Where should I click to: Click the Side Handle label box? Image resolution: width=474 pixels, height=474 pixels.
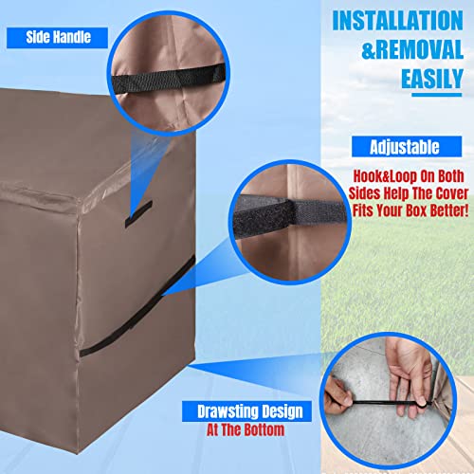pos(56,36)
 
